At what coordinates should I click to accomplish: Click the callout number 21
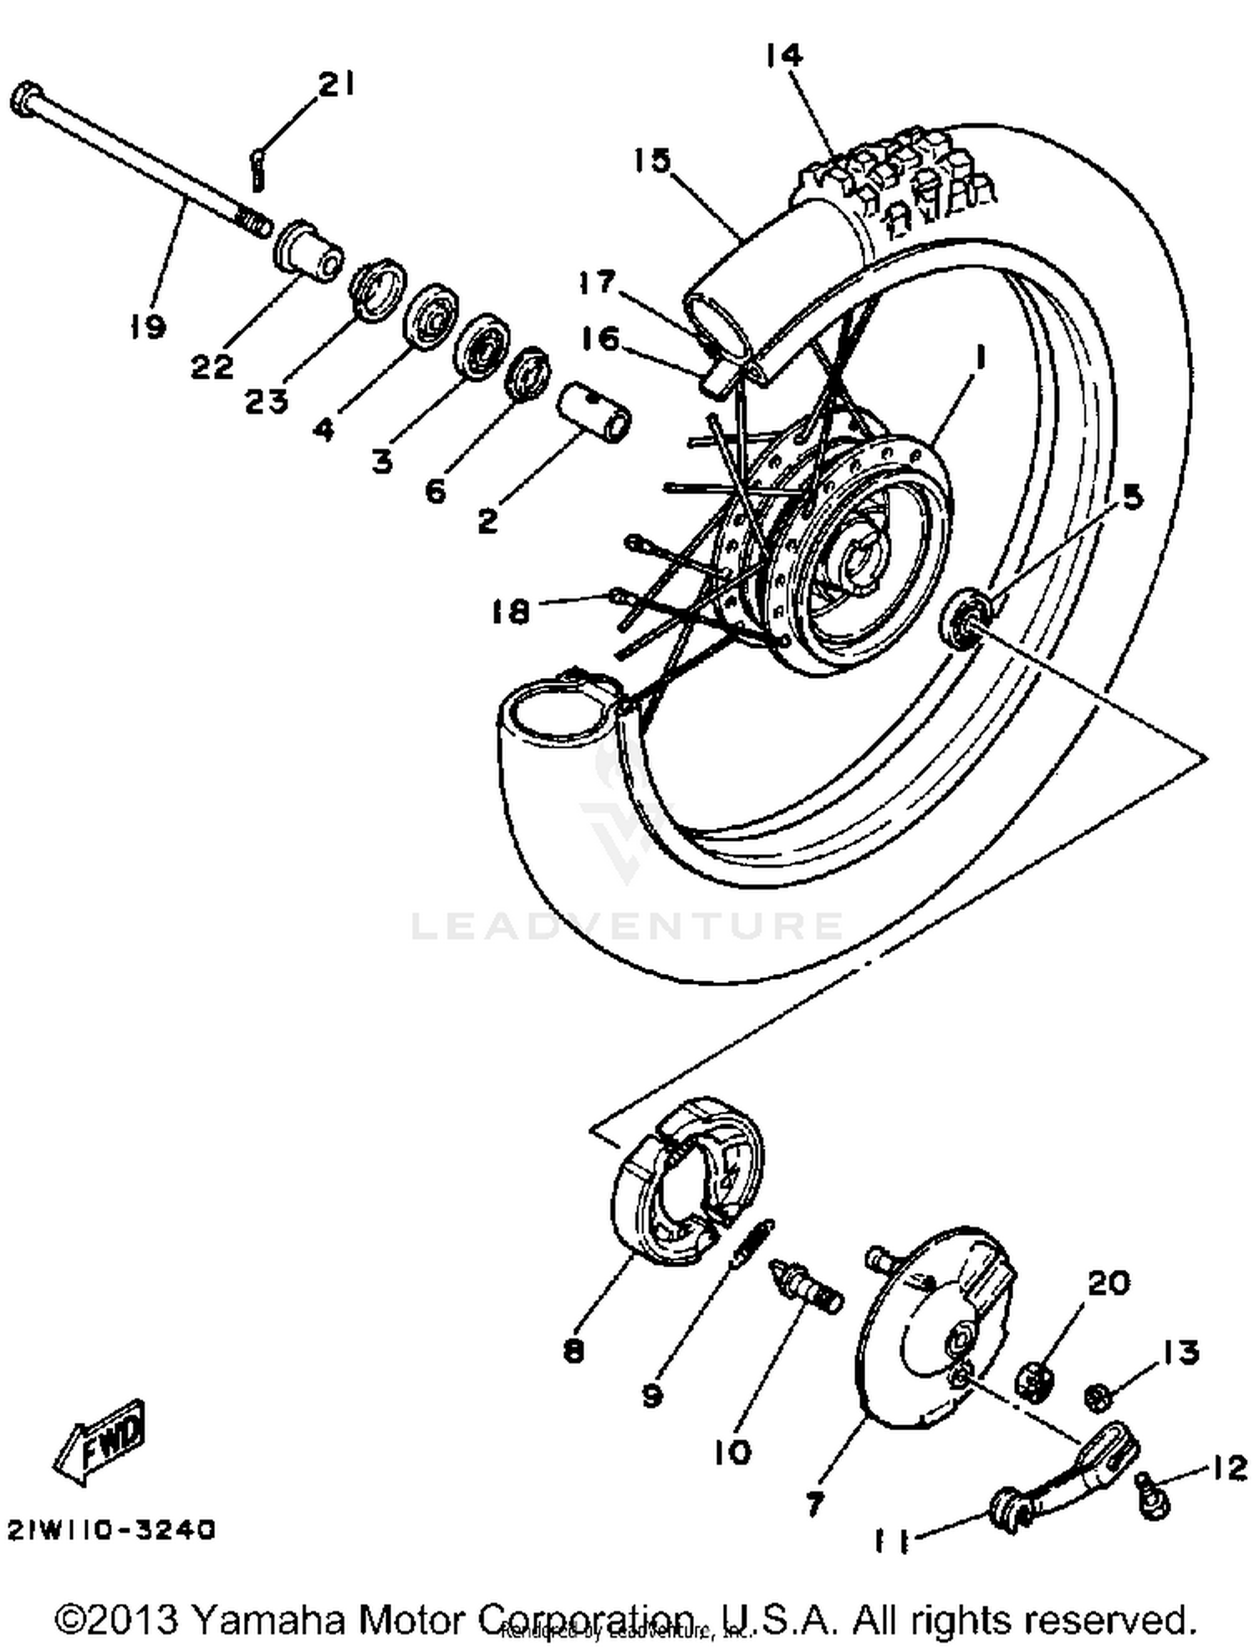[336, 84]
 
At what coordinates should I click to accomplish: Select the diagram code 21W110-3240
[112, 1529]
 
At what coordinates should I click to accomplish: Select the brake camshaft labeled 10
[808, 1288]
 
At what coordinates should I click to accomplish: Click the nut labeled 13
[1099, 1395]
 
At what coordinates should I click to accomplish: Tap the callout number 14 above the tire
[783, 56]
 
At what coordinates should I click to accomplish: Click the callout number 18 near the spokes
[511, 612]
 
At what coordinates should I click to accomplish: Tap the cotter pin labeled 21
[257, 167]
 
